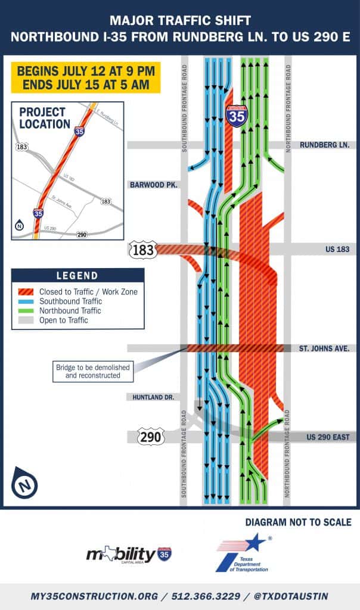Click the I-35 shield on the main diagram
tap(235, 115)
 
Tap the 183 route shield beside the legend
tap(143, 250)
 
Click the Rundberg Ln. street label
tap(325, 145)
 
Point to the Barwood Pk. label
tap(154, 185)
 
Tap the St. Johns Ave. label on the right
tap(324, 348)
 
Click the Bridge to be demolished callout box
tap(92, 371)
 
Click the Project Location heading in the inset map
tap(45, 118)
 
